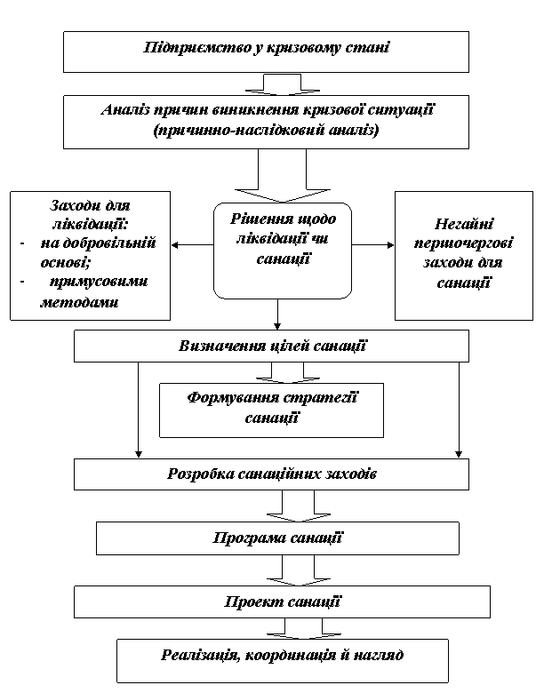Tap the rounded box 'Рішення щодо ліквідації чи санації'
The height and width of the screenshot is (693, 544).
(282, 249)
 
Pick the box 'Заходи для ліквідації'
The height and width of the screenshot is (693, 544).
(90, 256)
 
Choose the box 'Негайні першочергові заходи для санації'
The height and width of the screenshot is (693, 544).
(464, 256)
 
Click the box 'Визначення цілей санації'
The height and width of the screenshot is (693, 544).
(271, 346)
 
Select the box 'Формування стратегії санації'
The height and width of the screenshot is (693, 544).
(271, 409)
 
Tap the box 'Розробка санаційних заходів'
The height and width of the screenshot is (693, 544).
(271, 474)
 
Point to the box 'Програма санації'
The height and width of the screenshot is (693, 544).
(277, 538)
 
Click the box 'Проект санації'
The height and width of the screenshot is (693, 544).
(282, 601)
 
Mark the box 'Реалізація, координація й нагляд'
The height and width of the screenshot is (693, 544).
(282, 657)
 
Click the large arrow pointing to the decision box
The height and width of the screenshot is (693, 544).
(282, 175)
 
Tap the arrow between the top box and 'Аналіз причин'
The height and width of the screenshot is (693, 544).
(282, 84)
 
